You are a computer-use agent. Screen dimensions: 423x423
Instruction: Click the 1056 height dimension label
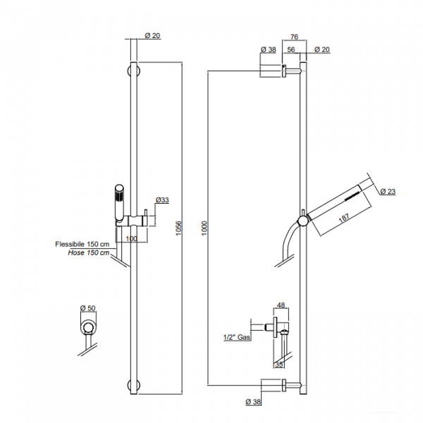(178, 228)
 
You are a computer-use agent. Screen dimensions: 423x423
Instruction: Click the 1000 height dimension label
(204, 228)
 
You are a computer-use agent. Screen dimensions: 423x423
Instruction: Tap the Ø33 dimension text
(162, 200)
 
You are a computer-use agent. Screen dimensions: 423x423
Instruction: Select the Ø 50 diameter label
(88, 308)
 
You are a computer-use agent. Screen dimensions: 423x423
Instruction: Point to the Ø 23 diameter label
(388, 191)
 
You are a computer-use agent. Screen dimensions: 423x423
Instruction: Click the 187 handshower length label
(344, 218)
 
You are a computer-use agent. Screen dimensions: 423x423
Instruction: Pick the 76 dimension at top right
(294, 37)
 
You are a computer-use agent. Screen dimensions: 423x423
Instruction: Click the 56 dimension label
(291, 49)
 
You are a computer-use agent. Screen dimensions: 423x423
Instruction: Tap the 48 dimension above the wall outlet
(281, 305)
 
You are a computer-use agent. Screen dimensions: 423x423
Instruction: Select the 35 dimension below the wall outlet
(279, 364)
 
